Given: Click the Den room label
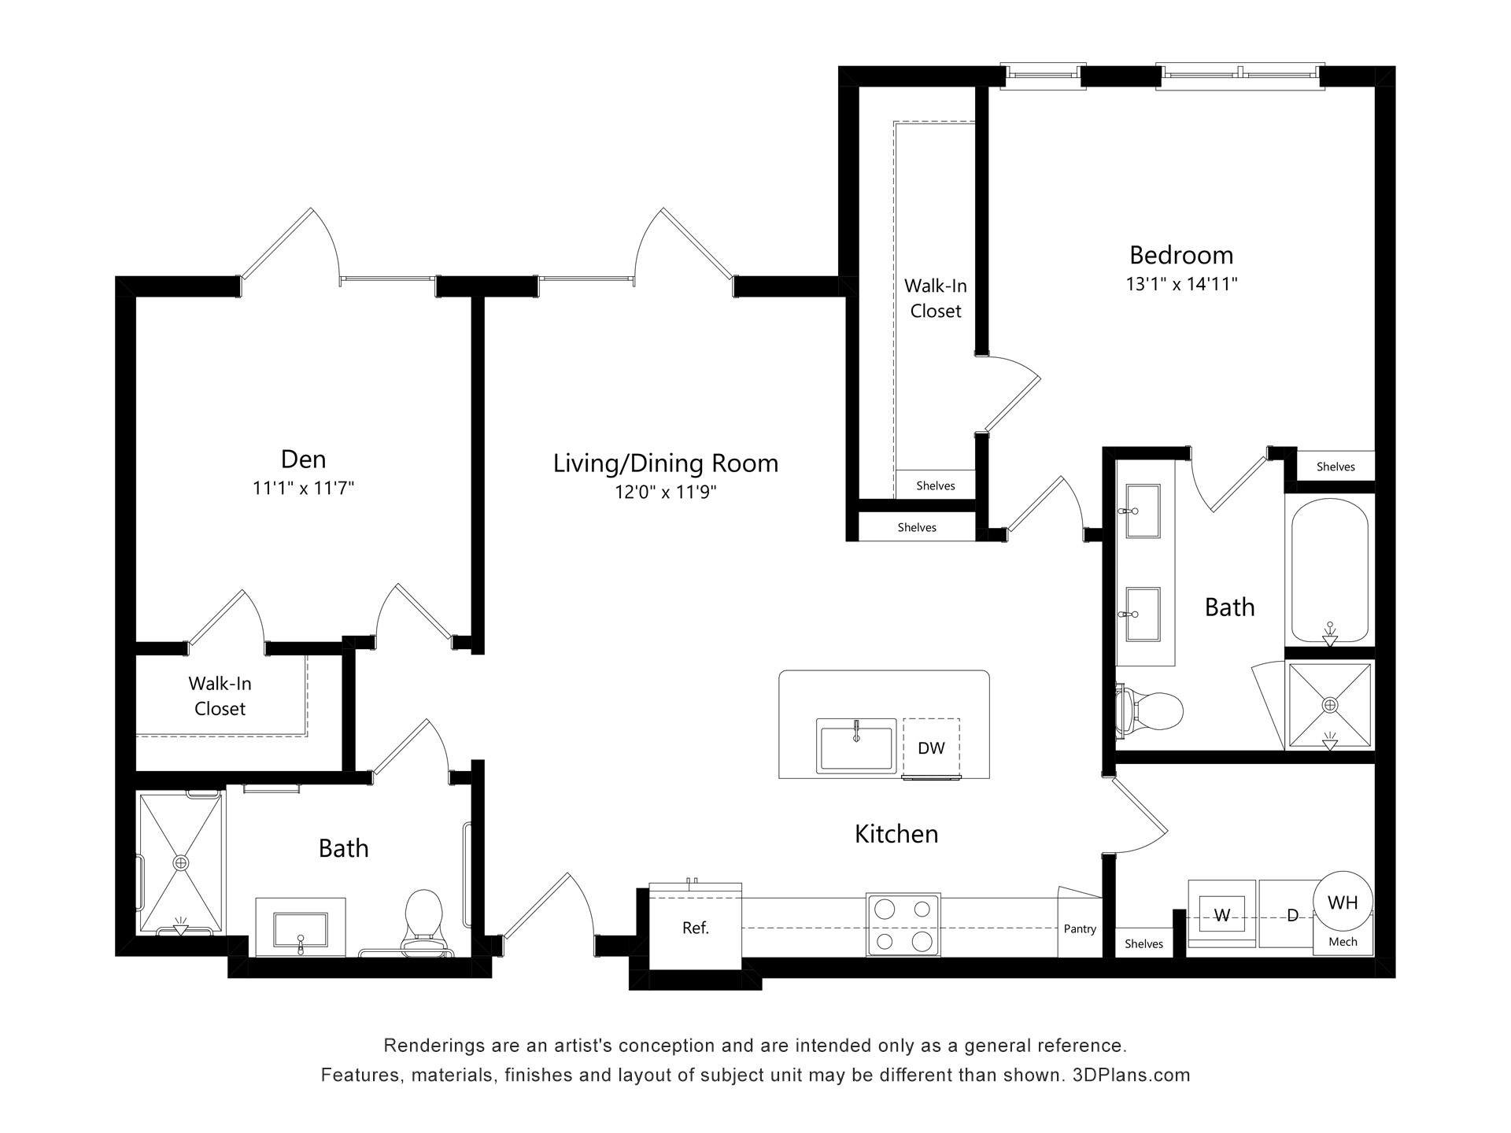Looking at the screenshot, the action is (x=303, y=459).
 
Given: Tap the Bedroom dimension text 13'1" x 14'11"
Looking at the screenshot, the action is (x=1181, y=284).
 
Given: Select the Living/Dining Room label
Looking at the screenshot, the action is (x=666, y=463).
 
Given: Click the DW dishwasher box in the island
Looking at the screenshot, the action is (x=931, y=747).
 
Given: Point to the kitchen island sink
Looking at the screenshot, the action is (x=855, y=745).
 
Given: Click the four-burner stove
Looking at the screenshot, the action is (x=903, y=924).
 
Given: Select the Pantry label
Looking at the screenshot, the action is (x=1080, y=928).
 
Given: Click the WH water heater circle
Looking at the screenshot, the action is (x=1343, y=902).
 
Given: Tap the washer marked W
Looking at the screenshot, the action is (x=1222, y=914).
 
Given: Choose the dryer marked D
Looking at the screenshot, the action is (x=1291, y=914).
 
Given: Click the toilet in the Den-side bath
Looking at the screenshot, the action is (x=423, y=922).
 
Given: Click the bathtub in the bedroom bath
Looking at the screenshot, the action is (x=1329, y=572).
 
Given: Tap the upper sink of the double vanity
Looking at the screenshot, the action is (x=1143, y=511).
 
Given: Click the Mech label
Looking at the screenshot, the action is (x=1343, y=941).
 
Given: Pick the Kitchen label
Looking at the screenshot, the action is (x=896, y=833).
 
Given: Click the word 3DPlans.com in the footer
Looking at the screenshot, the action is (x=1131, y=1075).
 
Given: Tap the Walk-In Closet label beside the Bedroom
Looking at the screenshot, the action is (x=936, y=298).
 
